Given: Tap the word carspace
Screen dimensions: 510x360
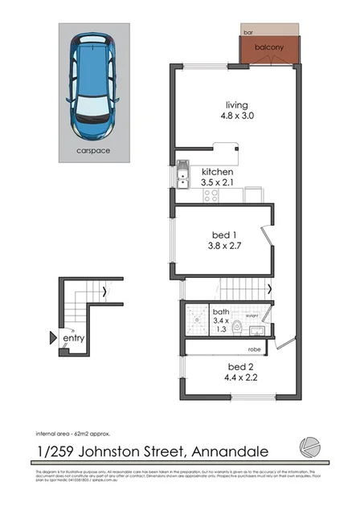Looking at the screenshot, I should pyautogui.click(x=93, y=150).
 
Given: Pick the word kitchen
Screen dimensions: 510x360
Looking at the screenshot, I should pyautogui.click(x=217, y=172).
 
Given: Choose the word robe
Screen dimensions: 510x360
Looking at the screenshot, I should pyautogui.click(x=255, y=350).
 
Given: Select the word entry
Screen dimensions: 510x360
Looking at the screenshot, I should pyautogui.click(x=74, y=339).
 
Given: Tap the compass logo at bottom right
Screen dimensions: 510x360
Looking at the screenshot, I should pyautogui.click(x=309, y=446).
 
